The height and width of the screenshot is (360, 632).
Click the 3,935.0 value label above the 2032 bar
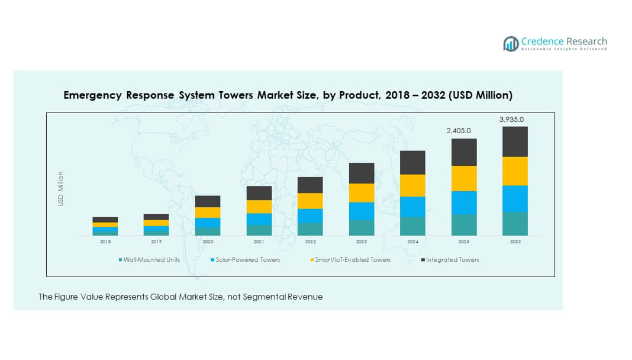click(511, 120)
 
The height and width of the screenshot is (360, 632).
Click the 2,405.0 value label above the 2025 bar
click(459, 131)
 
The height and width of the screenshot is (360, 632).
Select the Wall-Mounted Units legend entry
click(151, 260)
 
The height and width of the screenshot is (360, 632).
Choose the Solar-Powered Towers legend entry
click(247, 260)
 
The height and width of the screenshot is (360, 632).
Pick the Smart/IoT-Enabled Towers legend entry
click(352, 260)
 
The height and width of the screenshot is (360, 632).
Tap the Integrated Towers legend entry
click(452, 260)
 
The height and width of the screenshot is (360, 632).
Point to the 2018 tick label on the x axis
click(105, 242)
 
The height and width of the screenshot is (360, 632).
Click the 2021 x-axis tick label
click(259, 242)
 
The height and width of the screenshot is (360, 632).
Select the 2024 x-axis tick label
click(413, 242)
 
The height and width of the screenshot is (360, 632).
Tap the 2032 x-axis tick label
click(515, 242)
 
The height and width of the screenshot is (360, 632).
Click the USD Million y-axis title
click(61, 189)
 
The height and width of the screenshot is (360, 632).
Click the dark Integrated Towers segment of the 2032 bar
click(515, 142)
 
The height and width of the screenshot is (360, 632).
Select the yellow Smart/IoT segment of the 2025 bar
click(464, 178)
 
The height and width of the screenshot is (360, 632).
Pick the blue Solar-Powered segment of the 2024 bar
click(413, 207)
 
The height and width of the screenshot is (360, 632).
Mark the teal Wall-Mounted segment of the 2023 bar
click(362, 228)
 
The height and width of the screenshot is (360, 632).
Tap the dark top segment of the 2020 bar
click(208, 201)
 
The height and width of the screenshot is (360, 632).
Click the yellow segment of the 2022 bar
click(310, 201)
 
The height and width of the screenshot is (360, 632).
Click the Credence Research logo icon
click(511, 43)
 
